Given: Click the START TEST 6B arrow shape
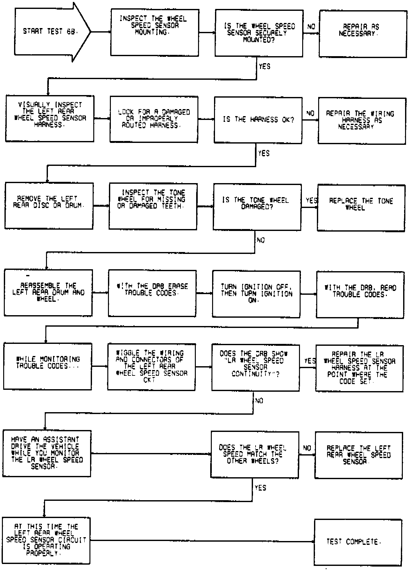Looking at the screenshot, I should (48, 32).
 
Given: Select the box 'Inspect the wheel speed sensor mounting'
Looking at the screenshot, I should (155, 32).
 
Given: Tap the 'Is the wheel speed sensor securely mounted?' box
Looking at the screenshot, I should (259, 33).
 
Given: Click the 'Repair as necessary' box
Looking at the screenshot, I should (363, 34).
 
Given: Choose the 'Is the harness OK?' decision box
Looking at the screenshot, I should (258, 120).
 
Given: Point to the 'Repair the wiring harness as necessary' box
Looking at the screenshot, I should (362, 121).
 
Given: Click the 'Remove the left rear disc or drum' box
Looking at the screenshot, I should (49, 206).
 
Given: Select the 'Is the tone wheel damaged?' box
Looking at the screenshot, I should (257, 207).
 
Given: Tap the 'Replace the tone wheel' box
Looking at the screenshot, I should (361, 208).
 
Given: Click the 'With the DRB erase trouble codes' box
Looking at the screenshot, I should (152, 293).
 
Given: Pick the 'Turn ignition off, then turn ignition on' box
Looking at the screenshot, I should (256, 294).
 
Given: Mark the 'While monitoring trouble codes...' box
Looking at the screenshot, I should (48, 366).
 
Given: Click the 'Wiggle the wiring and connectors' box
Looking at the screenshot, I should (151, 367).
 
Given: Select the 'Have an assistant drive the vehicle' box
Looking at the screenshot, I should (47, 453).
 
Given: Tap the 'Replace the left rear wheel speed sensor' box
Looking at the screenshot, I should (359, 455).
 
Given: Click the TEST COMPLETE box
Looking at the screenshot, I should (358, 542).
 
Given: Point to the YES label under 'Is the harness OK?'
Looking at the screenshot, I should (264, 153).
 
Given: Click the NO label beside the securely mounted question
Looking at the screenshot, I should (311, 27).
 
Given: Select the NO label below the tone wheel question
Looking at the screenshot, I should (261, 240).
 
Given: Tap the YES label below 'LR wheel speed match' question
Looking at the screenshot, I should (260, 488).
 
